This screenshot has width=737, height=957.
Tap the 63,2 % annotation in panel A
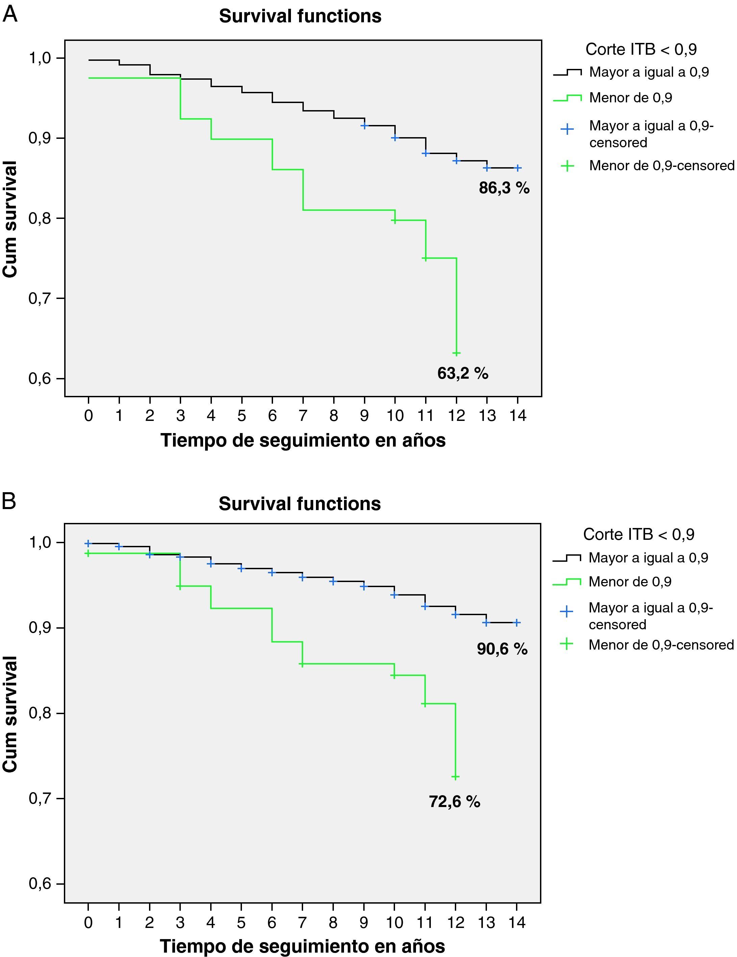tap(463, 373)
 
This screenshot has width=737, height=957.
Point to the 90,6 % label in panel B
tap(502, 649)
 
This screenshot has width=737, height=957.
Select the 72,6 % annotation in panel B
tap(454, 802)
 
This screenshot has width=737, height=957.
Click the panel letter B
tap(9, 501)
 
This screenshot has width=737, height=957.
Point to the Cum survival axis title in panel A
tap(10, 219)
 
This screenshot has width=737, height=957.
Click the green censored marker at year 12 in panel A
tap(457, 353)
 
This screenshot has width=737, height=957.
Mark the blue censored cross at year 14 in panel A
tap(517, 168)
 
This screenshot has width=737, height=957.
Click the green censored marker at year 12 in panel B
tap(456, 777)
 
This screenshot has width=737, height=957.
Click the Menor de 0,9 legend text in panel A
tap(631, 98)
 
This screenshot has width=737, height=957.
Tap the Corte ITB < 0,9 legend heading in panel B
tap(638, 535)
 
